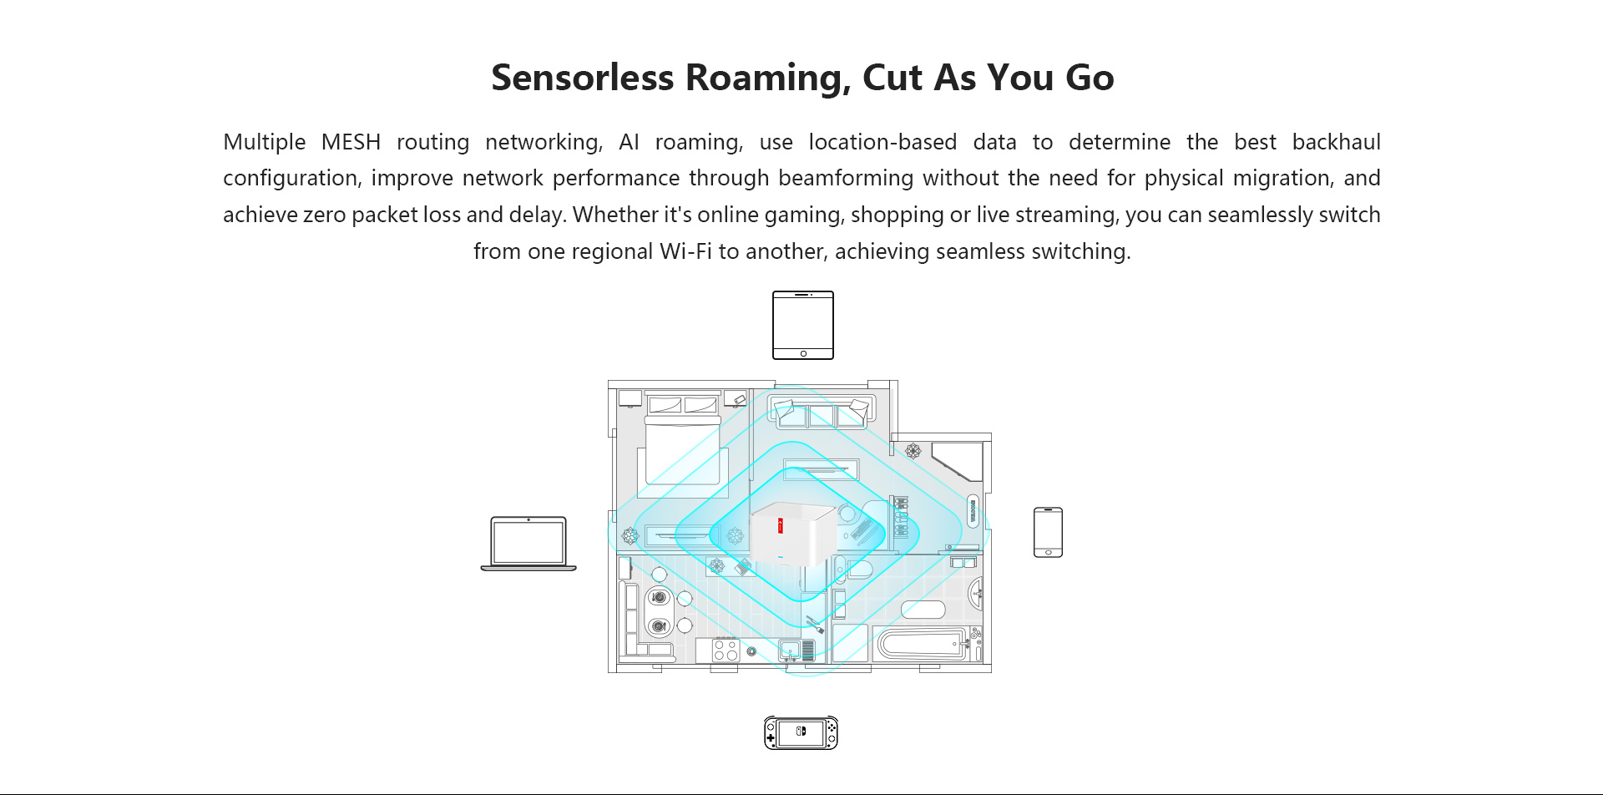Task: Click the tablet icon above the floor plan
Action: pos(803,325)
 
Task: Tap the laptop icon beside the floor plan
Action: pos(528,544)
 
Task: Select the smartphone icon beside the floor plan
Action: pos(1048,532)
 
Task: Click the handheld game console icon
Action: pos(801,733)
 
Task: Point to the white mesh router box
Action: pos(792,534)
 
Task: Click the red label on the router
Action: pos(781,525)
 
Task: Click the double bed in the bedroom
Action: pos(683,447)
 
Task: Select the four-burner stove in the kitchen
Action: pos(726,650)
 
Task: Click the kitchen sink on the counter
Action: pos(789,650)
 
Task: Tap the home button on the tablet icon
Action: pos(803,354)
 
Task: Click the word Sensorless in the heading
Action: pos(583,78)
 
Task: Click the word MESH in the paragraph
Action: pos(351,142)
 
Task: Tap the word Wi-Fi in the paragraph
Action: pos(685,251)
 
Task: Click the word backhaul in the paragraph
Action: pos(1336,142)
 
